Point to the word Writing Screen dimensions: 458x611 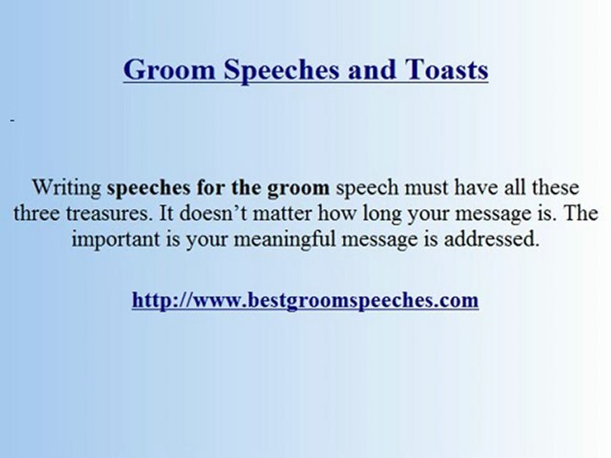66,188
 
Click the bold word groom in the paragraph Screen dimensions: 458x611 299,189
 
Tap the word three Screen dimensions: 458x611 37,213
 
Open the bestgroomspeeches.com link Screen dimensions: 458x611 305,300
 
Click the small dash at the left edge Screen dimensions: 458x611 12,120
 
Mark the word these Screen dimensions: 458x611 555,188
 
